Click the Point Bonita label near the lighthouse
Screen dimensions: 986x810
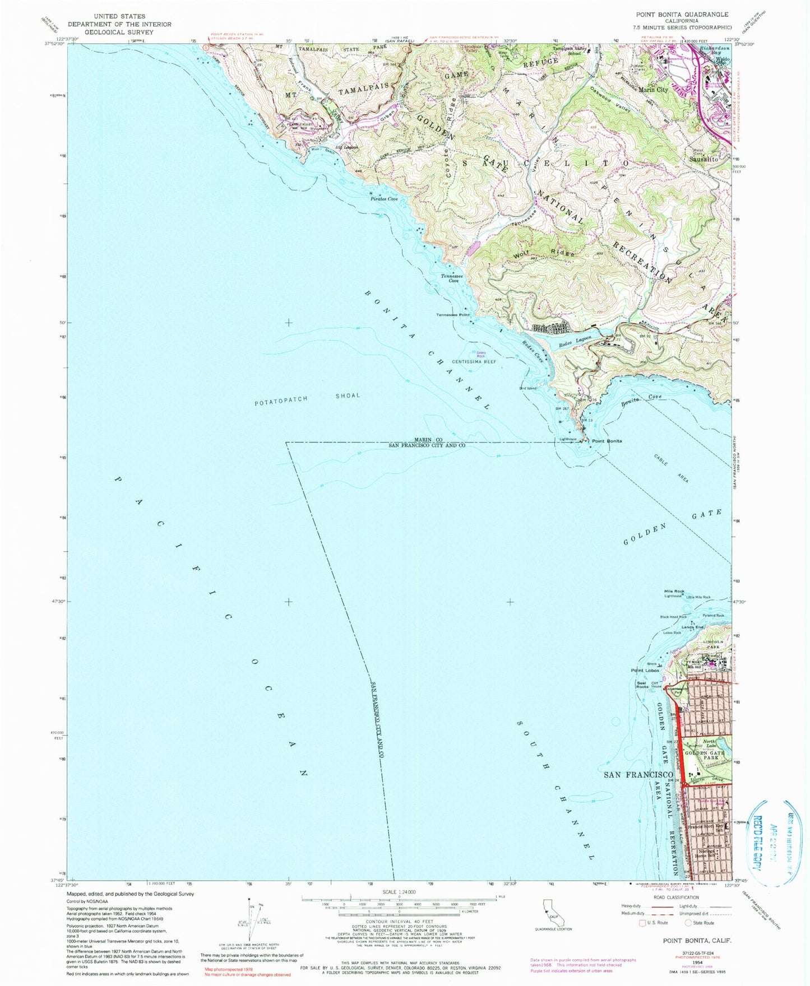point(607,441)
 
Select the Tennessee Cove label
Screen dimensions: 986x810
point(451,278)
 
